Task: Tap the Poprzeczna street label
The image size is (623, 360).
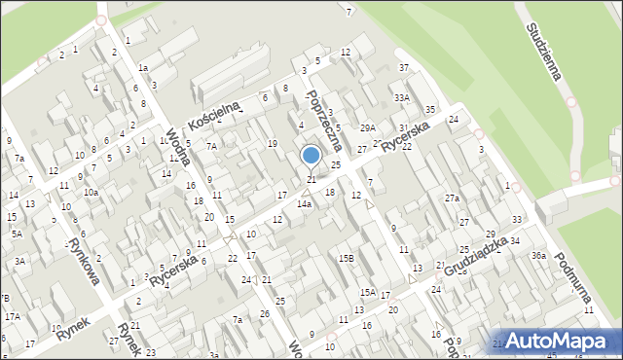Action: (323, 121)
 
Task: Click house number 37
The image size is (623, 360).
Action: (403, 68)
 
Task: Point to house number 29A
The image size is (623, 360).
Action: (367, 128)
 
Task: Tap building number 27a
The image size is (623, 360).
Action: (452, 198)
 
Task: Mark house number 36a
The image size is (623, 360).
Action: (537, 256)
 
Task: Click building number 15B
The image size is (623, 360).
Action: (346, 259)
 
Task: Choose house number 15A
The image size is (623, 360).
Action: (367, 292)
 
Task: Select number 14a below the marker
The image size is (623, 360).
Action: (305, 204)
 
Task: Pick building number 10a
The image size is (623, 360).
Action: (91, 193)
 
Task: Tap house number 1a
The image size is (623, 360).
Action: (142, 68)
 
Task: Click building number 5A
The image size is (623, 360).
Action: (17, 234)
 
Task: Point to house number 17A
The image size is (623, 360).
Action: (12, 317)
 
